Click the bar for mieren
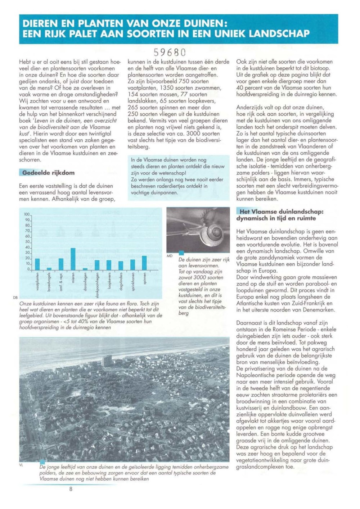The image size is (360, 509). [x=73, y=259]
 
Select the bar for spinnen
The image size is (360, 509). [x=144, y=263]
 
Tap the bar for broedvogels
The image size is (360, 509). [x=49, y=269]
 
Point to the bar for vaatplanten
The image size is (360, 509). [x=37, y=264]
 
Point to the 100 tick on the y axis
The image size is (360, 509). [x=27, y=214]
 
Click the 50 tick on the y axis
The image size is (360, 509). [x=27, y=242]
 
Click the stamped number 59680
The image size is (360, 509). [x=170, y=53]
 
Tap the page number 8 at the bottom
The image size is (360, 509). [x=71, y=489]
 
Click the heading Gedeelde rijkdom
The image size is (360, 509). [x=48, y=173]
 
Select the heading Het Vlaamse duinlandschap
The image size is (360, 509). [x=281, y=212]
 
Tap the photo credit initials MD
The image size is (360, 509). [x=170, y=256]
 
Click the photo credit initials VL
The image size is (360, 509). [x=21, y=465]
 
